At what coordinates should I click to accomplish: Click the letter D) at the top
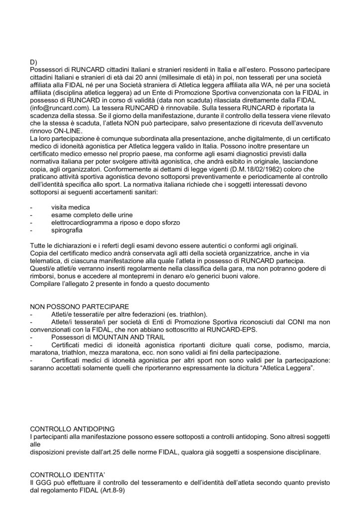34,61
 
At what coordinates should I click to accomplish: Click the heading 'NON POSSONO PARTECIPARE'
80,306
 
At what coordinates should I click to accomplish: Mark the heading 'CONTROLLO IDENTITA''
70,475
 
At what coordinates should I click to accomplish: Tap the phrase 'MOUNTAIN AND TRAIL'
115,337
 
